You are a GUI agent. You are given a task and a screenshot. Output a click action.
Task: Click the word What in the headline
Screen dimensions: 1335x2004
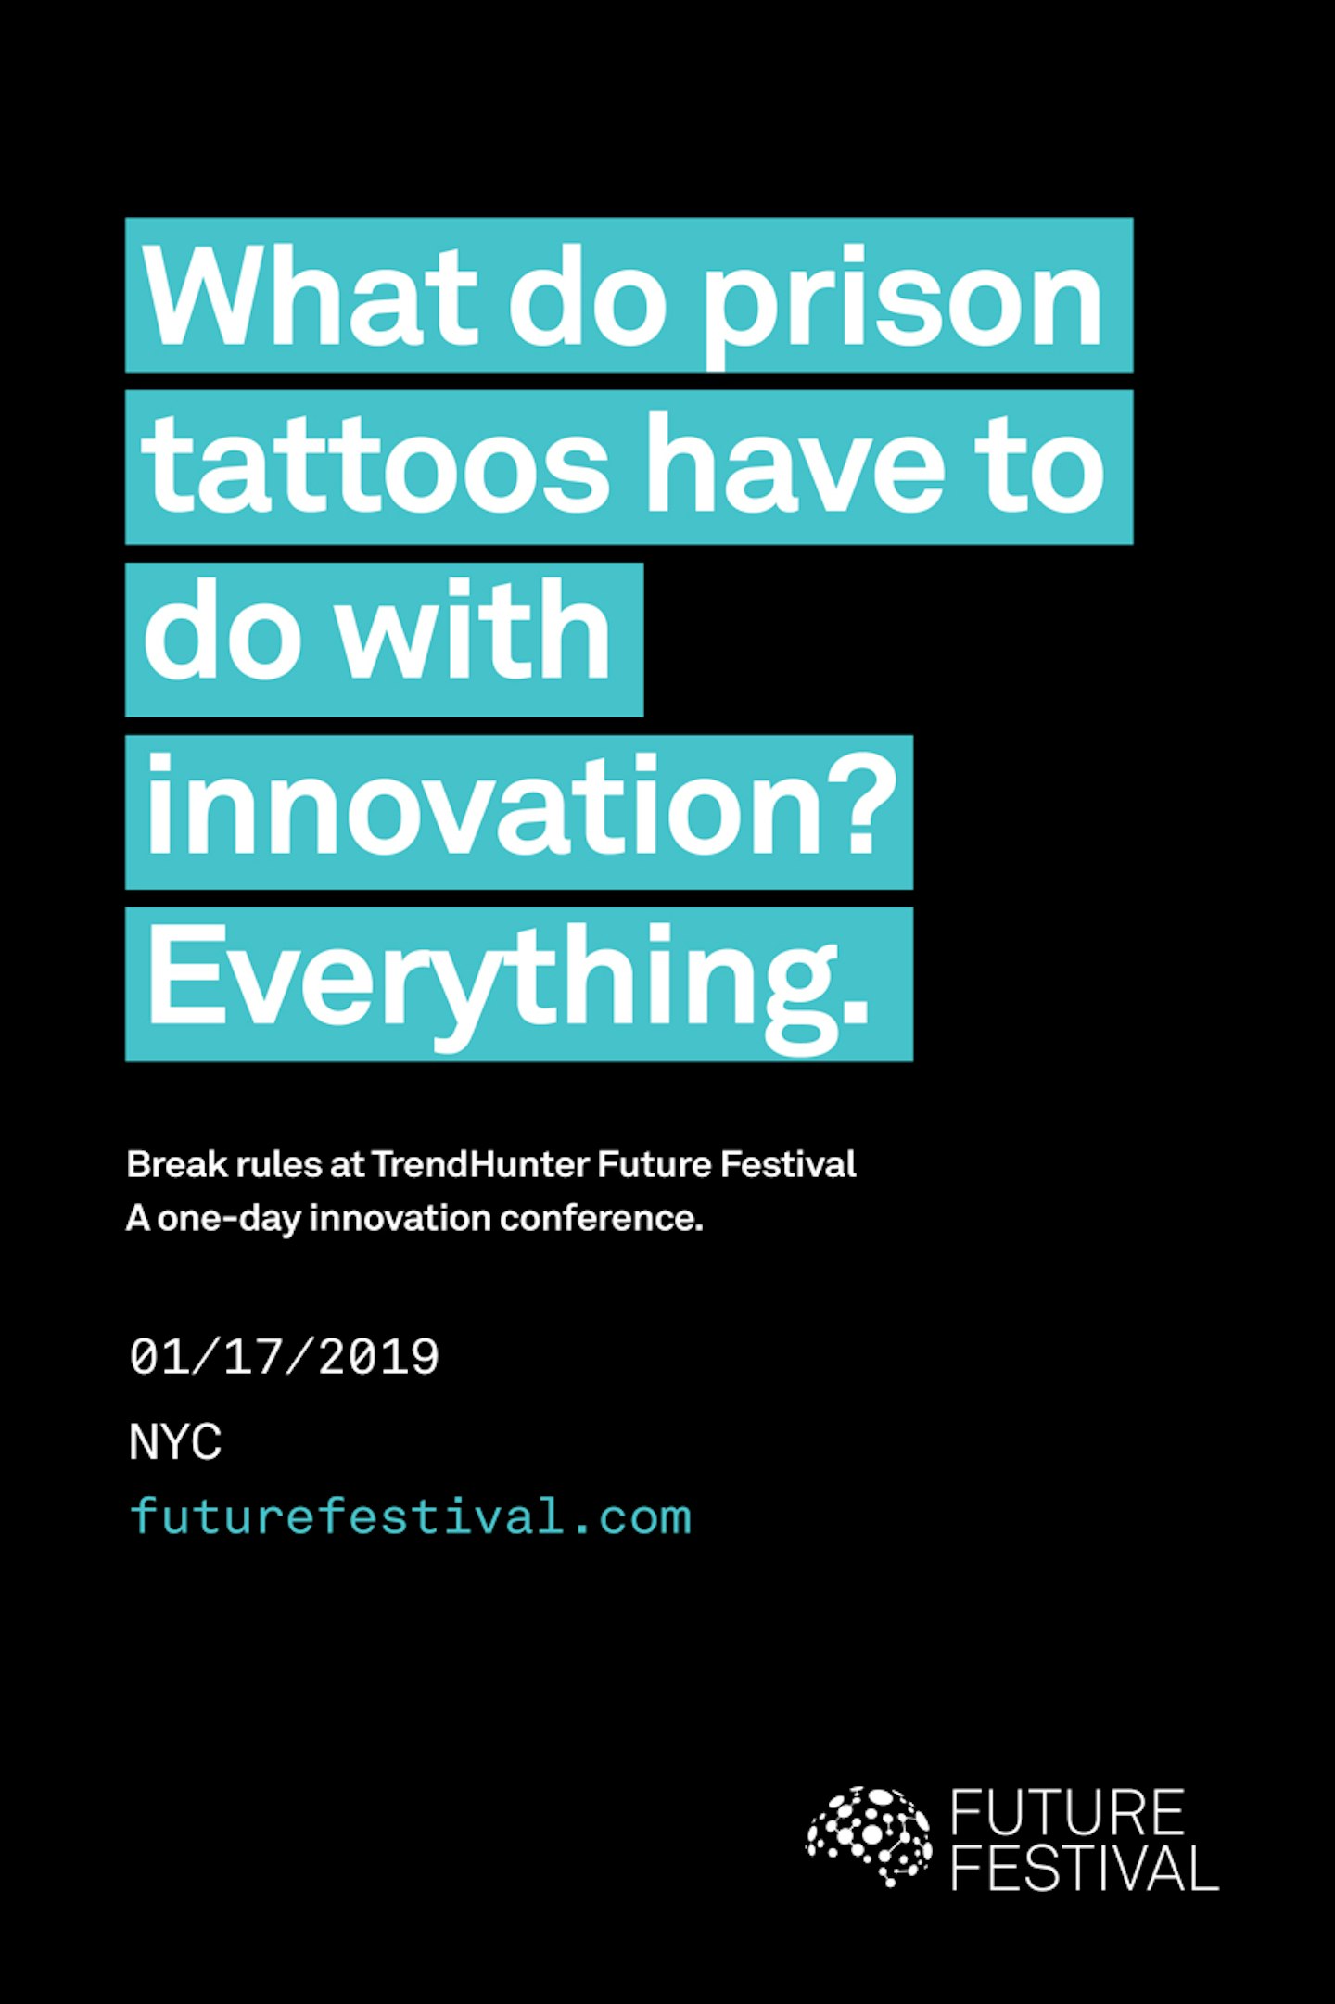[x=311, y=296]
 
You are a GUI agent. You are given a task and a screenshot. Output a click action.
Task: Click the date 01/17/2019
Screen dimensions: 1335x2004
[x=285, y=1358]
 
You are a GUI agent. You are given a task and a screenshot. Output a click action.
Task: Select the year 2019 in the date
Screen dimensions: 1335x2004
[x=378, y=1358]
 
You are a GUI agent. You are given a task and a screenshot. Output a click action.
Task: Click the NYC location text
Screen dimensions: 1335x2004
[x=175, y=1442]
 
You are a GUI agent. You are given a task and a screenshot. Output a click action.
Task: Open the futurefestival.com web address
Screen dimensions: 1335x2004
[x=411, y=1517]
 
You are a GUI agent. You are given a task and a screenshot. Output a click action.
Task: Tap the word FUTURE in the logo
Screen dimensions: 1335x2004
[x=1068, y=1813]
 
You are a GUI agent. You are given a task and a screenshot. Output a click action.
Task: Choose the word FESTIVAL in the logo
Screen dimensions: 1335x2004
[x=1084, y=1868]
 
